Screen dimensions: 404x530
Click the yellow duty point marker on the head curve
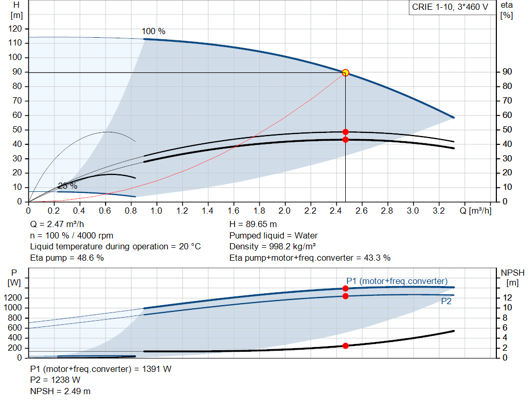pyautogui.click(x=345, y=73)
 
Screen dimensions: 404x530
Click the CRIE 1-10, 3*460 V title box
pyautogui.click(x=450, y=7)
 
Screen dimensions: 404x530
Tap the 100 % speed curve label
pyautogui.click(x=154, y=32)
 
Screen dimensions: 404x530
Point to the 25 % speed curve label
pyautogui.click(x=67, y=186)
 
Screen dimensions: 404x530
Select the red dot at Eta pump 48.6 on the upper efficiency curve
pyautogui.click(x=345, y=132)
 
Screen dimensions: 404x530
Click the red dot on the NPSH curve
pyautogui.click(x=345, y=346)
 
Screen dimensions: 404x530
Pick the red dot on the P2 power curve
pyautogui.click(x=345, y=296)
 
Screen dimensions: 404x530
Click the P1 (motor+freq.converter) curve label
pyautogui.click(x=396, y=281)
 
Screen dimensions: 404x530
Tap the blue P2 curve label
pyautogui.click(x=446, y=301)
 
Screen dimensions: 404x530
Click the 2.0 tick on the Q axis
pyautogui.click(x=284, y=211)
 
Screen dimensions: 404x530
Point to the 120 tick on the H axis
pyautogui.click(x=16, y=29)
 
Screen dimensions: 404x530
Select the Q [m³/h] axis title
pyautogui.click(x=476, y=211)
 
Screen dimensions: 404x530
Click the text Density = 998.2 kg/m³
pyautogui.click(x=273, y=247)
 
